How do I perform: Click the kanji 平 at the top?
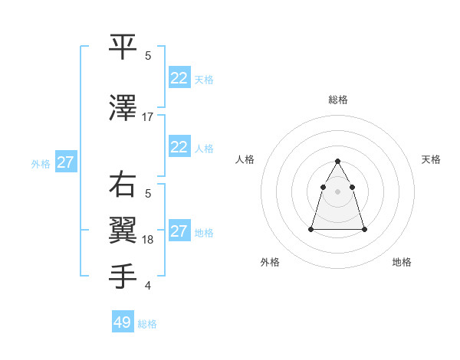click(123, 46)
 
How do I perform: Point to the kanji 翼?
click(123, 231)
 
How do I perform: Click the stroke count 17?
click(148, 117)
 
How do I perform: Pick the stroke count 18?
click(148, 240)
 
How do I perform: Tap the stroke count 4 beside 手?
click(148, 286)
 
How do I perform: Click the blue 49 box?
click(123, 322)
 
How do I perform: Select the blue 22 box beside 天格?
click(179, 78)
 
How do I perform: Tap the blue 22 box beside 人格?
click(179, 147)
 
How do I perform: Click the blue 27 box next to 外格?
click(65, 162)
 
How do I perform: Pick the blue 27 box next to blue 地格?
click(179, 231)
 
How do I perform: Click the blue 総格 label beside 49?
click(147, 324)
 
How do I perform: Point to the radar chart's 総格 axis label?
click(338, 100)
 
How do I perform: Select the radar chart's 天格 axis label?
click(431, 159)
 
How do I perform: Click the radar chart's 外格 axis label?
click(270, 262)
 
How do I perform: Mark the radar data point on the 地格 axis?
click(364, 229)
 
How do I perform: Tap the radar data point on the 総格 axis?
click(338, 161)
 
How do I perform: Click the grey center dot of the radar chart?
click(338, 191)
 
